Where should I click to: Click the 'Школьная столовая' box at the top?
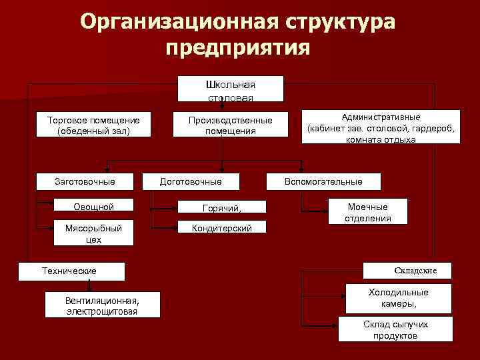231,89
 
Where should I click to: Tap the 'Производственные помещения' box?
231,125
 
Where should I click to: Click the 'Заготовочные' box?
85,181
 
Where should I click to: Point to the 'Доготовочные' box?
191,181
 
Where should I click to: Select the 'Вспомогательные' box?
323,181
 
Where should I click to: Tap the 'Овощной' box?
93,206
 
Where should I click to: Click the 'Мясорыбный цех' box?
93,233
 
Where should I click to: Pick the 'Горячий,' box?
222,207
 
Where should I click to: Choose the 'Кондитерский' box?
222,228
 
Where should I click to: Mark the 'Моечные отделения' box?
367,212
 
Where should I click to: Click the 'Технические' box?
69,271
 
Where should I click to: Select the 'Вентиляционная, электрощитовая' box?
103,305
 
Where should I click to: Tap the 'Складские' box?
406,271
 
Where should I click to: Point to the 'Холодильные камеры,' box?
398,298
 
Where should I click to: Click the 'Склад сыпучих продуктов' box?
395,329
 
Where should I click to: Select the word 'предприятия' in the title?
237,48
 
